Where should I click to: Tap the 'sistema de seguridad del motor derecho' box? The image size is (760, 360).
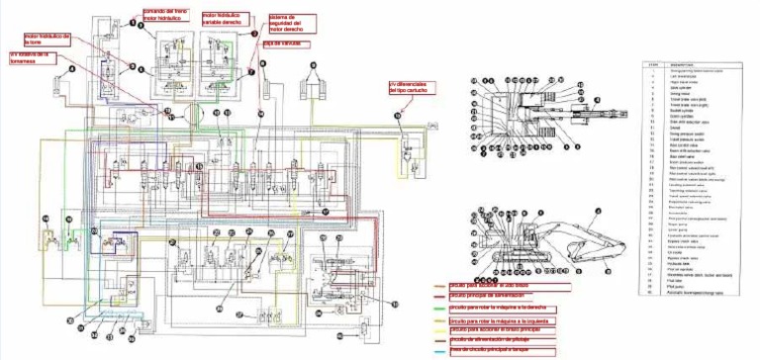291,25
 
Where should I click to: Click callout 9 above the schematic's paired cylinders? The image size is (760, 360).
314,63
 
